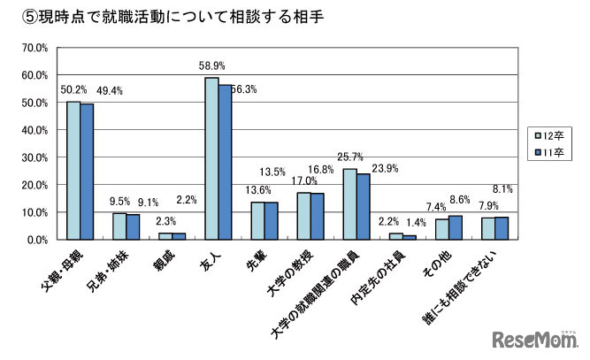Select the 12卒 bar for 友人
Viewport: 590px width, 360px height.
(211, 158)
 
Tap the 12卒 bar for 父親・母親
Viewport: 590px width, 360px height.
(73, 170)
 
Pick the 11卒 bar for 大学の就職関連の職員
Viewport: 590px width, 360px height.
(363, 206)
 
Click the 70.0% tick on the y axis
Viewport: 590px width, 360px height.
(34, 48)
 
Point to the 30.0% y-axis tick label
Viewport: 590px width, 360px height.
(34, 157)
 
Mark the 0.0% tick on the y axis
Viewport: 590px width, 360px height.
(36, 240)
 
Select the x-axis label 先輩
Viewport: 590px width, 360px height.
(255, 257)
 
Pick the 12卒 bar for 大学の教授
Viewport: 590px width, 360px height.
(303, 216)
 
